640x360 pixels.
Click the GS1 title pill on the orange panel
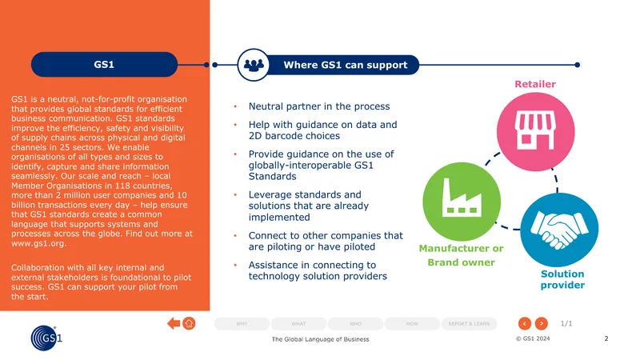coord(104,65)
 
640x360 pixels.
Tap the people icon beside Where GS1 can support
coord(254,65)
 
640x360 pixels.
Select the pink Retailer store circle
coord(535,132)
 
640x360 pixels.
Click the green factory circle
coord(462,202)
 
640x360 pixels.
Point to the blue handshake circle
coord(559,230)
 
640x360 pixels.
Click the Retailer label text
coord(535,84)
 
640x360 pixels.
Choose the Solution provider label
coord(562,279)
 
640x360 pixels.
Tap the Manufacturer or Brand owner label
coord(462,255)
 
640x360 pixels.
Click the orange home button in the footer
coord(189,323)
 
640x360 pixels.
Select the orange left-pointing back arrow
coord(174,323)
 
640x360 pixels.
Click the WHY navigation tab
coord(242,324)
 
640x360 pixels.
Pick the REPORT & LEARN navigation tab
coord(469,324)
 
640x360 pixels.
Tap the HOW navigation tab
coord(412,324)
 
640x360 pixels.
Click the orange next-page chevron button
coord(542,323)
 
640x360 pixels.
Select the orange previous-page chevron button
coord(525,323)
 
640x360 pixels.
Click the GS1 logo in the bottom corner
coord(46,338)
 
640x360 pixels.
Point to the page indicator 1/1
coord(566,323)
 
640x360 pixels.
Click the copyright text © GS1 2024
coord(533,338)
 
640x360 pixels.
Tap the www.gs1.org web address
coord(38,243)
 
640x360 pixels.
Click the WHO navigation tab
coord(355,324)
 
